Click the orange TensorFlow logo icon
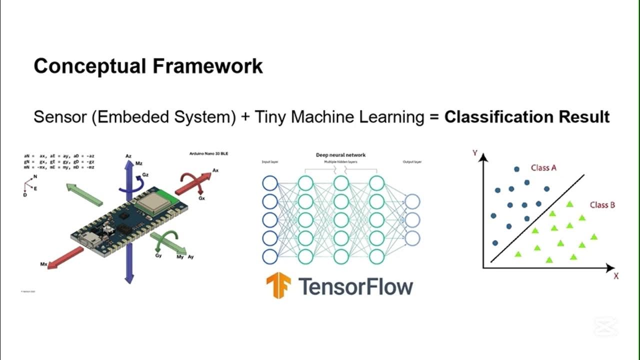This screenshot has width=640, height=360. [278, 285]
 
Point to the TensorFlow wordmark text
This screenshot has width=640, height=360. [355, 286]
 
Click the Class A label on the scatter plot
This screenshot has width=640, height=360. [543, 168]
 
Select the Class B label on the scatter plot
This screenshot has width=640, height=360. [602, 205]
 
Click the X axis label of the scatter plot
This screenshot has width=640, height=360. [616, 276]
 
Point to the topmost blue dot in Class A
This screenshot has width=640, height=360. [516, 169]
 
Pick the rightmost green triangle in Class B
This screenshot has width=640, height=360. [594, 236]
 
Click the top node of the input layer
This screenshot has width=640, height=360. [269, 183]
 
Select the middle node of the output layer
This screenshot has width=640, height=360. [412, 219]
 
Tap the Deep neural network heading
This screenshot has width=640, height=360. [340, 155]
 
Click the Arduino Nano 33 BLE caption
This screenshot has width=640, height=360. [210, 153]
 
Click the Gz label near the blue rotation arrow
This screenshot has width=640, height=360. [145, 175]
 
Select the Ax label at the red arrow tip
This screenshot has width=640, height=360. [215, 170]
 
